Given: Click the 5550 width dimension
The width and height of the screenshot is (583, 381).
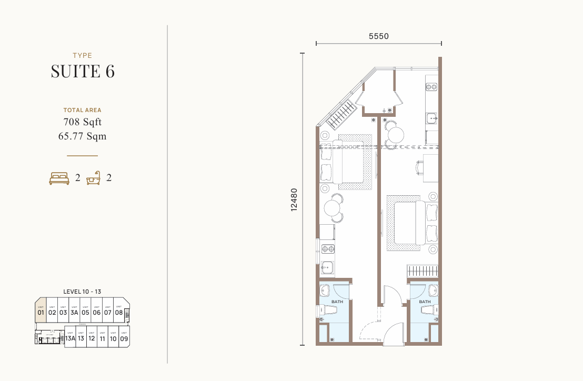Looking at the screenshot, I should tap(378, 36).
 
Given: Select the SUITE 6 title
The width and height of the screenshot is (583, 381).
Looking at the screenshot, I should tap(83, 71).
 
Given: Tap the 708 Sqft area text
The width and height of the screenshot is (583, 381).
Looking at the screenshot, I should tap(83, 122).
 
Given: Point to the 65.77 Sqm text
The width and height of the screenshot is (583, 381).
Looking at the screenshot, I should tap(83, 136).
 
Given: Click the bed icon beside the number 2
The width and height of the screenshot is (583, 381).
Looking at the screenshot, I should tap(59, 178).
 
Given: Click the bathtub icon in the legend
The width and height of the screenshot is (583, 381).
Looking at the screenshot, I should tap(94, 178).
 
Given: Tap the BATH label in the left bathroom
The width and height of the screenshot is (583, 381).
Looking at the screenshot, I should tap(337, 302).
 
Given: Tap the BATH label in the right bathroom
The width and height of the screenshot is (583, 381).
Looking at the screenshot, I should tap(425, 302).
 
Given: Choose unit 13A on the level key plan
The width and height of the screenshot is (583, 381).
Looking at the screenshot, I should tap(70, 337).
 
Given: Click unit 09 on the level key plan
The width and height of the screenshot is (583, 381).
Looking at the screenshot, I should tap(124, 337).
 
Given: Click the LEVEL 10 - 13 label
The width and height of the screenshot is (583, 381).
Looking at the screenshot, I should tap(82, 291).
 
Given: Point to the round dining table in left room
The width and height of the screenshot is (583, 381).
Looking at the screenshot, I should tap(333, 209).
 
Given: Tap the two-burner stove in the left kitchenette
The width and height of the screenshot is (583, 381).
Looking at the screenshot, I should tap(327, 249).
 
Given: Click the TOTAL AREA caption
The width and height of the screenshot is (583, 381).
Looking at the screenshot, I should tap(83, 111).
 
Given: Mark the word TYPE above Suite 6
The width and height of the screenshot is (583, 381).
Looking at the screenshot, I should tap(83, 55).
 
